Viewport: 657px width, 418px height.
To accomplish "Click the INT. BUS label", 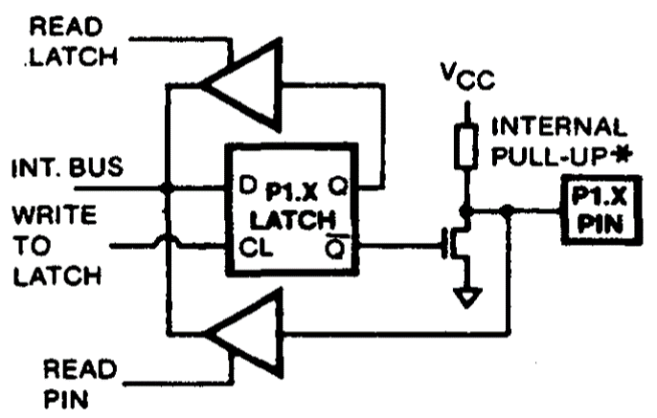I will [x=67, y=169].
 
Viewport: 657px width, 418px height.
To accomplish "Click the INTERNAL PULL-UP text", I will [x=560, y=141].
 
